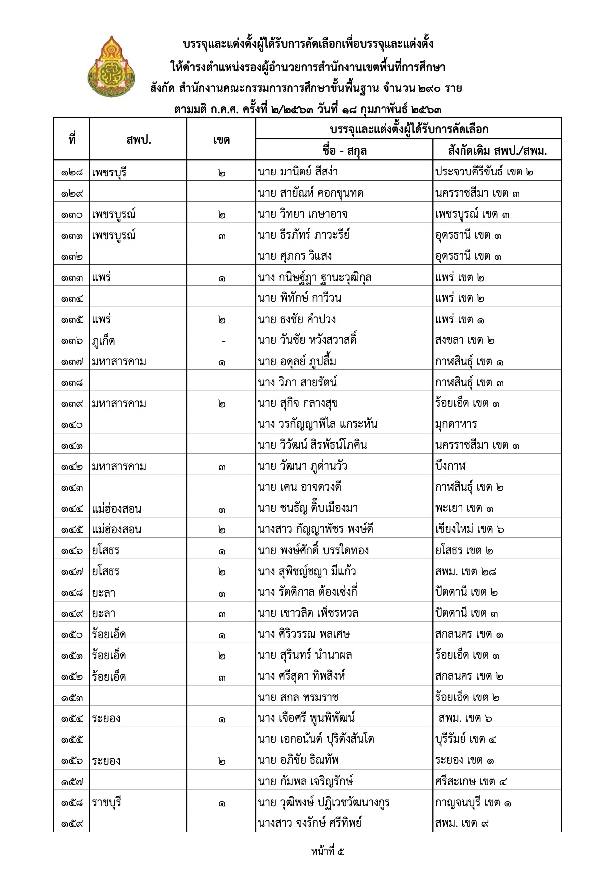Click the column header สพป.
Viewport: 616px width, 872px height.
coord(138,140)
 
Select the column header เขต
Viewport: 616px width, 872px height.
coord(221,140)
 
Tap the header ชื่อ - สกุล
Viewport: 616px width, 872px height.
coord(344,150)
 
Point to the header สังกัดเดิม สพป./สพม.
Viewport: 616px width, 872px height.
coord(497,150)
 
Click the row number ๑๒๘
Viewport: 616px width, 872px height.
coord(72,173)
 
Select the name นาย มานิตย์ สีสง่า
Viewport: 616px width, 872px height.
coord(298,172)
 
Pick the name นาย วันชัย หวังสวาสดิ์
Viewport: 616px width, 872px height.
coord(307,340)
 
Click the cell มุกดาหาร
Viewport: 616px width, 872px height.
coord(456,424)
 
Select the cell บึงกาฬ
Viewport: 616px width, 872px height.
coord(451,466)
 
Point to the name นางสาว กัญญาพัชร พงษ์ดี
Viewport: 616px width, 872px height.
coord(315,529)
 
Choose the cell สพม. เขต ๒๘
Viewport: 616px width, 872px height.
coord(465,571)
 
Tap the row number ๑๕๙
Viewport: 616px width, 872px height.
coord(72,823)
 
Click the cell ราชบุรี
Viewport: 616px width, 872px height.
coord(107,802)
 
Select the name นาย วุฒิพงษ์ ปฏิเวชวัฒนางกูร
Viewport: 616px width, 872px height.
coord(324,802)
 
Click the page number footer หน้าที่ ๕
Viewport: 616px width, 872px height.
coord(328,851)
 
